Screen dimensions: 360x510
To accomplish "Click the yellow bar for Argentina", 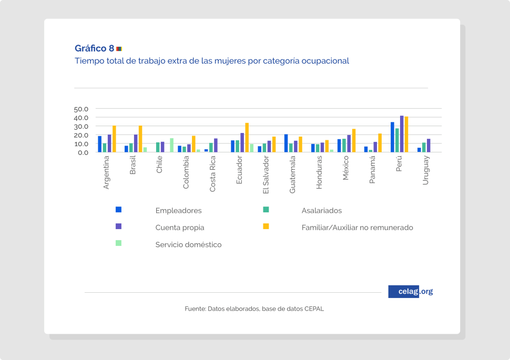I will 114,139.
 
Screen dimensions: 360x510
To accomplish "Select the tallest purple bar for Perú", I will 402,134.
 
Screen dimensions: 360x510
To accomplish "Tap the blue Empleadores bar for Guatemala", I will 286,143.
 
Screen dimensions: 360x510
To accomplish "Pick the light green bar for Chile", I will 172,146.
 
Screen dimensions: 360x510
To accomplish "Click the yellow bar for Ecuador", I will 247,138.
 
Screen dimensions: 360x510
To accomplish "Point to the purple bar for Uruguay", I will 429,146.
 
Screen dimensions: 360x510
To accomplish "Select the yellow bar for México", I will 354,141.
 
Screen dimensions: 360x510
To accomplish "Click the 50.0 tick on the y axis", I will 81,109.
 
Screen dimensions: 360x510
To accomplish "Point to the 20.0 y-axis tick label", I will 81,135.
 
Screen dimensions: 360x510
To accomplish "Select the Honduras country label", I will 319,174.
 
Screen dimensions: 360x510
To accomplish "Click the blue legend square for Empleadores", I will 119,209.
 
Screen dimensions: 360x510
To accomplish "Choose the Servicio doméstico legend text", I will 188,245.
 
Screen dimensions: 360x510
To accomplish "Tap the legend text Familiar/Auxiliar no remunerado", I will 357,228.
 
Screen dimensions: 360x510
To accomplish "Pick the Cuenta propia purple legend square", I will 119,226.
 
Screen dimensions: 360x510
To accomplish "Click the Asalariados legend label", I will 321,211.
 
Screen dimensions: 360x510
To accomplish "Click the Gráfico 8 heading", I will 95,48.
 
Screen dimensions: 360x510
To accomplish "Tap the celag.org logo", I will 410,292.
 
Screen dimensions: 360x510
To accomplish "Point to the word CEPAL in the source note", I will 314,308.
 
